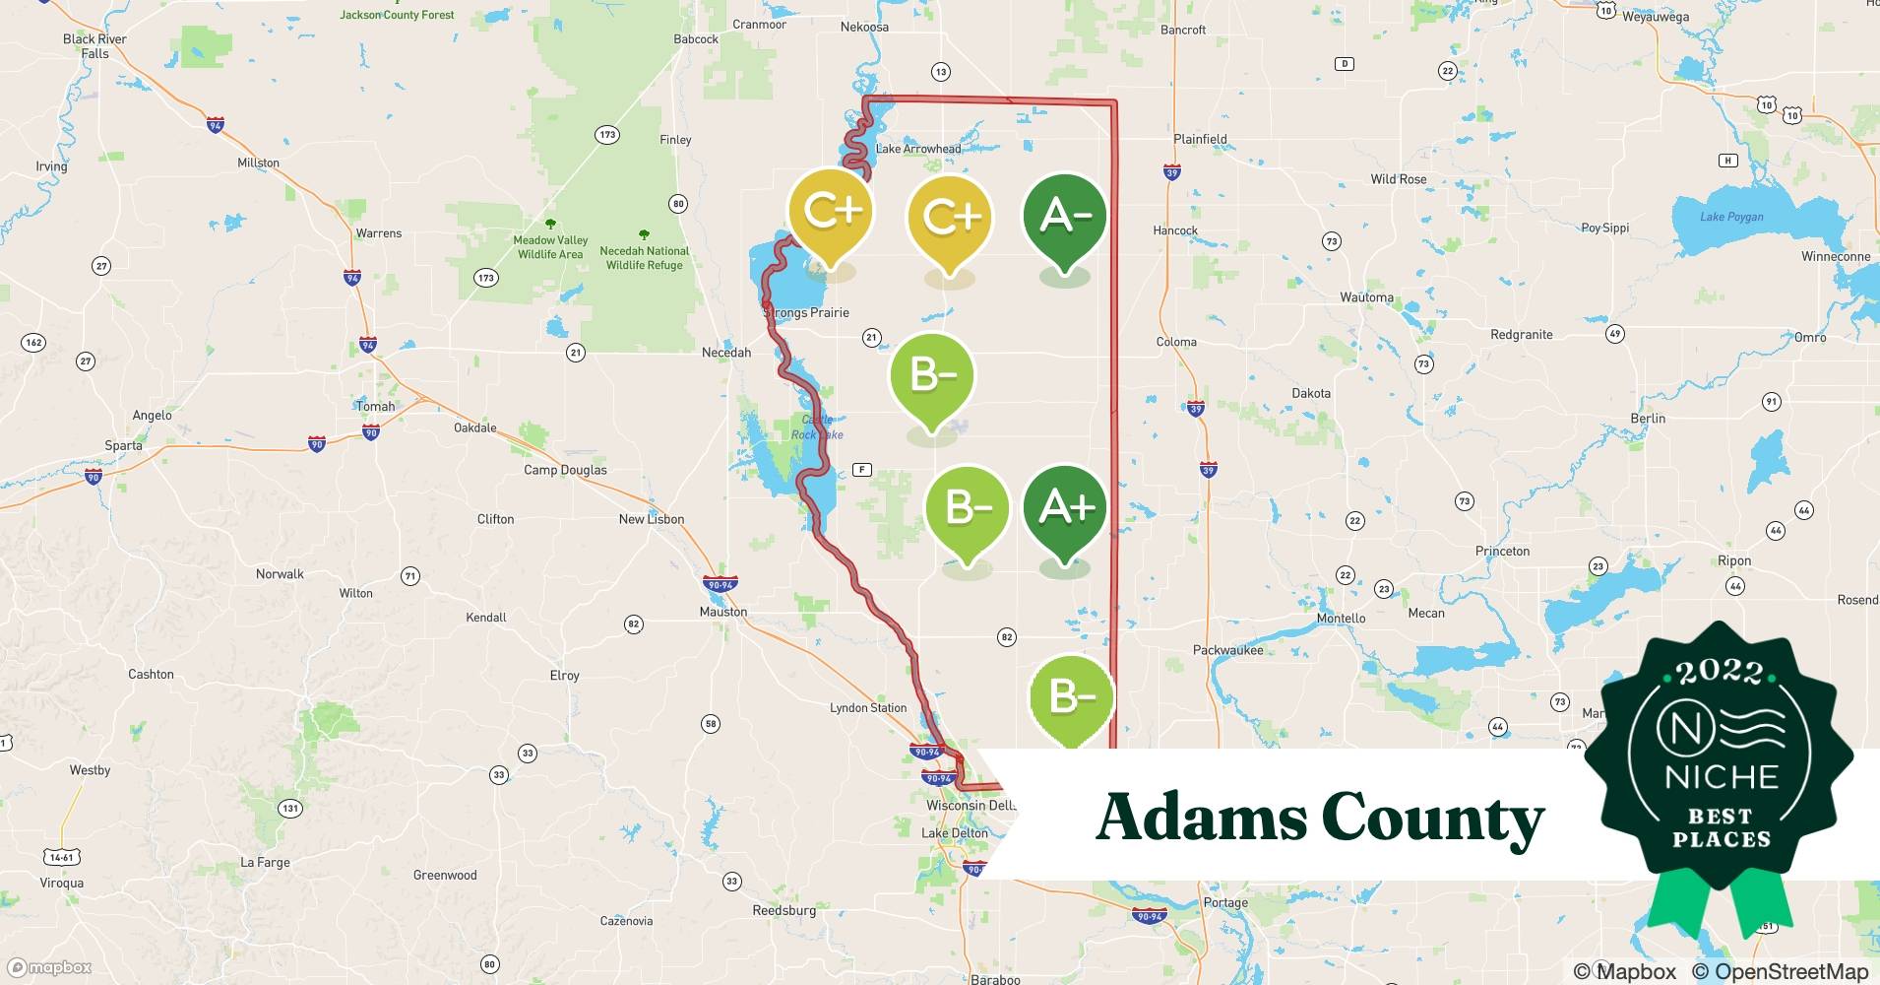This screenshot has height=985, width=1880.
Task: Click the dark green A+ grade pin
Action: pos(1065,508)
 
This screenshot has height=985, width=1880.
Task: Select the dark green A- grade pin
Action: pos(1065,216)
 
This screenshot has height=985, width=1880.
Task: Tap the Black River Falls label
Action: pos(94,46)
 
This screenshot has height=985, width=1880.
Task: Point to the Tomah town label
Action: pos(375,406)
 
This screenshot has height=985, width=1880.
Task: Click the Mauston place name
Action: pos(723,612)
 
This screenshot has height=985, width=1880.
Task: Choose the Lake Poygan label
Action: pos(1731,217)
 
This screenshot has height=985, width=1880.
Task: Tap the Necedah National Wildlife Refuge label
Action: pos(645,258)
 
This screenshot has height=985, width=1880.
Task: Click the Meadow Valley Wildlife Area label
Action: pos(550,247)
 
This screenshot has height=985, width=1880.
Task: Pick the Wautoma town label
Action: pos(1366,297)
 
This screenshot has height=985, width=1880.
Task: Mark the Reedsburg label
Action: pos(783,910)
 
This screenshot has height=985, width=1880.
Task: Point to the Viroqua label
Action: pos(62,883)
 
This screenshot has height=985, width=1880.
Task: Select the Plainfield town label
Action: pos(1200,139)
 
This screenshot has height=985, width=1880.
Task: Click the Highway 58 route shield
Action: pos(711,724)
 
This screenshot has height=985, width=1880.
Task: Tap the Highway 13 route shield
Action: pos(941,72)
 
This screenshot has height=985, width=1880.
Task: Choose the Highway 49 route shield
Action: pos(1614,334)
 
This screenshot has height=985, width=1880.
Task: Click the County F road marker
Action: pos(862,470)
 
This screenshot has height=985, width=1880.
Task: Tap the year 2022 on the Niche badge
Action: pos(1720,673)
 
